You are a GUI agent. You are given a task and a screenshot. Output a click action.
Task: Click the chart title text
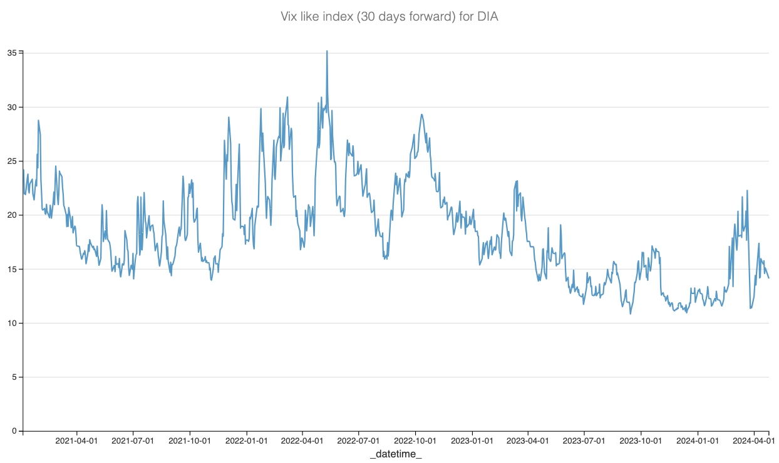tap(389, 17)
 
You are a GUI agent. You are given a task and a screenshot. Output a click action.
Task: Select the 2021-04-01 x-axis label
tap(77, 440)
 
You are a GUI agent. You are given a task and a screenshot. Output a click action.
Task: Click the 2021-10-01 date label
tap(190, 440)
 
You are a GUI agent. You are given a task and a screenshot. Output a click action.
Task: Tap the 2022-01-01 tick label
tap(247, 440)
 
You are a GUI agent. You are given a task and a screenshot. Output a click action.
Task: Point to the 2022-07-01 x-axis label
tap(359, 440)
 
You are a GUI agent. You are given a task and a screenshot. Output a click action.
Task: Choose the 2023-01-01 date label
tap(472, 440)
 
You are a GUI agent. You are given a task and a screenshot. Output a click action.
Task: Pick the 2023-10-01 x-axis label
tap(641, 440)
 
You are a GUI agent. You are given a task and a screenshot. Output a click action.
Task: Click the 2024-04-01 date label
tap(754, 440)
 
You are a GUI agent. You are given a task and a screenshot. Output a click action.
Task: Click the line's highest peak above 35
tap(327, 51)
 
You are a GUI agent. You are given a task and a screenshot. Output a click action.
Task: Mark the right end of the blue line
tap(768, 278)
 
